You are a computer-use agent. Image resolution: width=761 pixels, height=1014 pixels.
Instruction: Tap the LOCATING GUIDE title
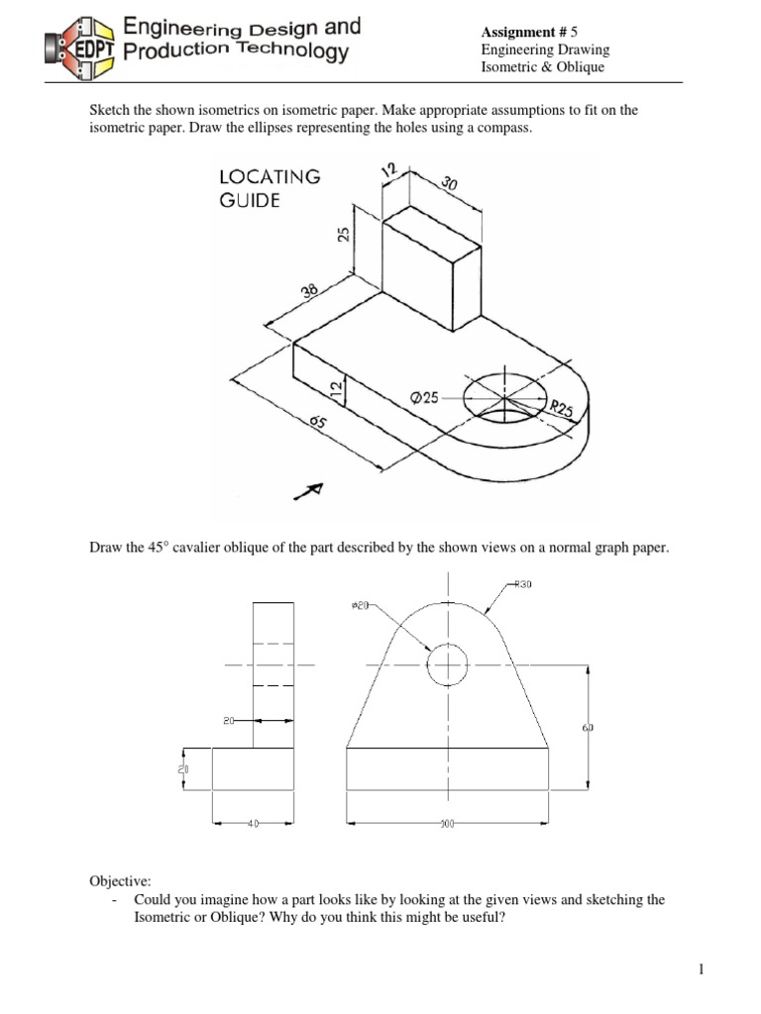pos(269,188)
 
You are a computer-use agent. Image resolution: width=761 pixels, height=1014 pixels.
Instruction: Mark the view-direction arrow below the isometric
pos(313,489)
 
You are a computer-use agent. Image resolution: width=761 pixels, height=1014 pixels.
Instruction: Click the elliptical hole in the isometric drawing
pos(506,396)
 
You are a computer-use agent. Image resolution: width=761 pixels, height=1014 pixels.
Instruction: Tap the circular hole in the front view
pos(448,663)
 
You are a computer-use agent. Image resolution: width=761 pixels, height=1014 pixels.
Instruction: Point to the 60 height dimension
pos(588,729)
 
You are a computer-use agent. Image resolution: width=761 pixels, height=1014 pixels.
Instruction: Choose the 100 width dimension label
pos(447,823)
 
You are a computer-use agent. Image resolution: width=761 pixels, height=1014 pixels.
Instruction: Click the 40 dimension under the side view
pos(252,823)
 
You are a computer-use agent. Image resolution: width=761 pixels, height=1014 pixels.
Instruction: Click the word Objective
pos(118,879)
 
